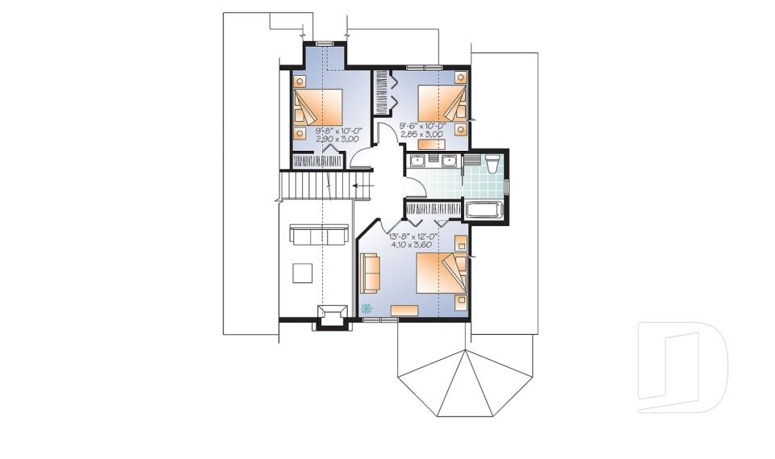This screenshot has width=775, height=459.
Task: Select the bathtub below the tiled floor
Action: (x=484, y=211)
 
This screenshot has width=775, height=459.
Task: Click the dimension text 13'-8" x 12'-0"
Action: (x=419, y=236)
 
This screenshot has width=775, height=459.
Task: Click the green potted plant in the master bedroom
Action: (x=367, y=307)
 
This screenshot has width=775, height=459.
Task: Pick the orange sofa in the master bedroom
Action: (x=371, y=272)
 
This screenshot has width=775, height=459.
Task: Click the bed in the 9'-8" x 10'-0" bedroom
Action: (x=317, y=107)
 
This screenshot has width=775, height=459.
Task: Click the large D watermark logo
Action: (x=682, y=367)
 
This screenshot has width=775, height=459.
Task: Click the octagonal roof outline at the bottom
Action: (x=463, y=375)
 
